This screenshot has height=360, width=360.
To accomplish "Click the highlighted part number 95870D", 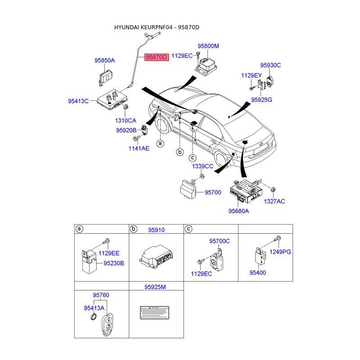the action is (x=156, y=57).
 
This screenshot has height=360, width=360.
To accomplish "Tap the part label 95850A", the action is (x=105, y=60).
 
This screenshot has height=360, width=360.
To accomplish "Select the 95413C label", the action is (x=78, y=101).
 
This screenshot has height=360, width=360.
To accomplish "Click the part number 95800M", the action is (x=208, y=46).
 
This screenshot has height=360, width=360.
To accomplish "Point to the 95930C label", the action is (x=270, y=65).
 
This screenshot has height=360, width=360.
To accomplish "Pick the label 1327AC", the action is (x=274, y=201).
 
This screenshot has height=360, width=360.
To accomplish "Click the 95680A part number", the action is (x=238, y=211).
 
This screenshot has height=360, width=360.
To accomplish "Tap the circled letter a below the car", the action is (x=160, y=144).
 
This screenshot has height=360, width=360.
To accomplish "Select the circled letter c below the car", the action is (x=193, y=158).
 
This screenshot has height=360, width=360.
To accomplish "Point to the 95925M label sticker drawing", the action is (x=154, y=312).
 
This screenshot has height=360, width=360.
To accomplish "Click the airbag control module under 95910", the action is (x=156, y=256).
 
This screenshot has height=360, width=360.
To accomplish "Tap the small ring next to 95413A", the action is (x=94, y=317).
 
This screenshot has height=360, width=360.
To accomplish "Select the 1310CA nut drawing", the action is (x=126, y=107).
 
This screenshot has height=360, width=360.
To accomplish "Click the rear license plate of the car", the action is (x=260, y=151).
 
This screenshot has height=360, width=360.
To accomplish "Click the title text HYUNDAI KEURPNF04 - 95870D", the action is (x=157, y=27).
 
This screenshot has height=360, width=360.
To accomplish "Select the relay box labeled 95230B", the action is (x=89, y=262).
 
